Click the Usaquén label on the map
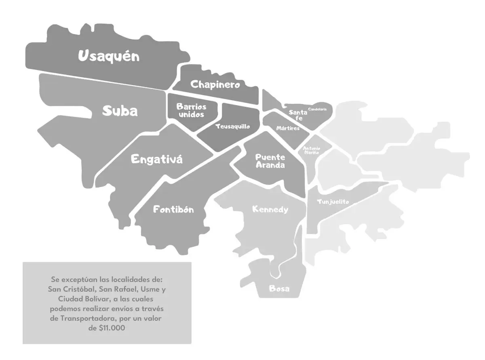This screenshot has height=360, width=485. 108,56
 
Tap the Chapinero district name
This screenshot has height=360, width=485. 215,84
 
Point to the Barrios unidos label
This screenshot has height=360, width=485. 192,111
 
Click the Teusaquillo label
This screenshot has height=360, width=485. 232,126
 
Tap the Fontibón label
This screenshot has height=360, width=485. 173,209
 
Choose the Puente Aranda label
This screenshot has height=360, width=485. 270,161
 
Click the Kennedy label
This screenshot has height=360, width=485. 270,209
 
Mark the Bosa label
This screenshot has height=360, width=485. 279,289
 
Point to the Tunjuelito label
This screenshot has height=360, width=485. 333,202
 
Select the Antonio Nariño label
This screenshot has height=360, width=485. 312,150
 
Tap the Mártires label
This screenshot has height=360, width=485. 288,128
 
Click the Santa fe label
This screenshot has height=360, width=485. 298,115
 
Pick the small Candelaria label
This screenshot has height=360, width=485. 317,109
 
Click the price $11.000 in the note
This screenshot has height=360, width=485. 107,328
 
